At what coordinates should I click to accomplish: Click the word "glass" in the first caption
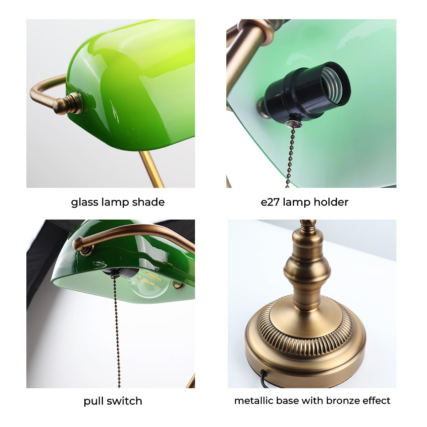(84, 202)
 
